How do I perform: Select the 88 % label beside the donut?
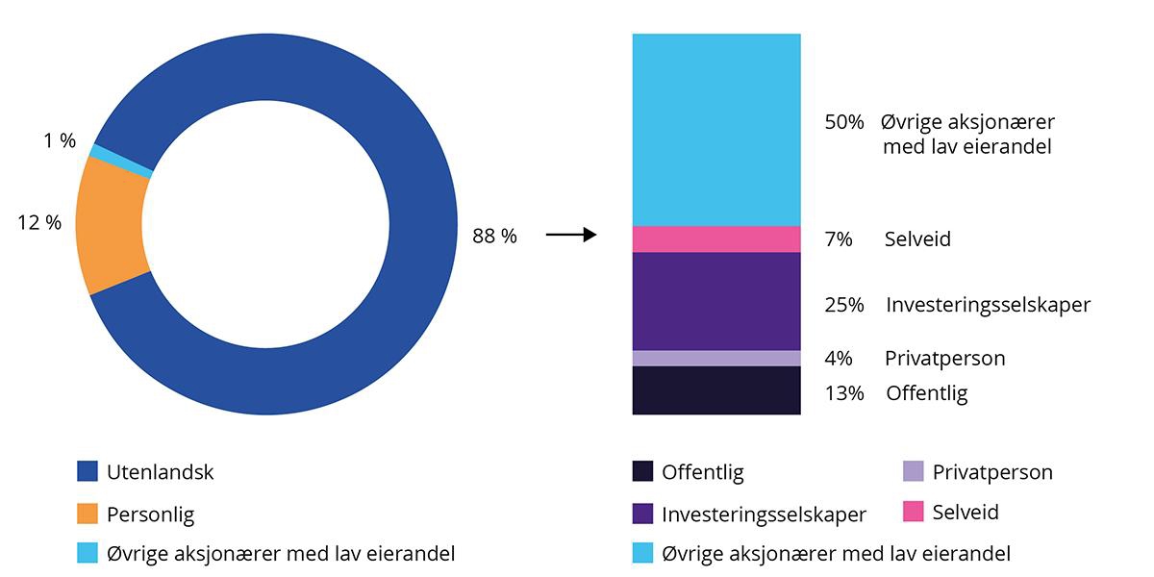pos(494,236)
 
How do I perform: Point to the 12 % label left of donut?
pos(39,222)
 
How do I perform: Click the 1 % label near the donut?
pos(60,141)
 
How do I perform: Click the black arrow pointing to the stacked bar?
pos(571,235)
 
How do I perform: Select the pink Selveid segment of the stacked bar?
pos(716,239)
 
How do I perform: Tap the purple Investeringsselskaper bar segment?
pos(716,301)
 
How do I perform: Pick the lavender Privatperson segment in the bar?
pos(716,359)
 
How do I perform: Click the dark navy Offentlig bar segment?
pos(716,390)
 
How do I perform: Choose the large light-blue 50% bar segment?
pos(716,130)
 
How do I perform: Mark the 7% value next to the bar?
pos(839,239)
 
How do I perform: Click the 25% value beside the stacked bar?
pos(842,305)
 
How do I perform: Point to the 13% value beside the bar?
pos(843,393)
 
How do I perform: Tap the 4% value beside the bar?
pos(839,359)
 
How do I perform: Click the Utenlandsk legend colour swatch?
pos(88,472)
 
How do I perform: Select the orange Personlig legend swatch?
pos(88,514)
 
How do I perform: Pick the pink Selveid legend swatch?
pos(915,512)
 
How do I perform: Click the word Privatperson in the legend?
pos(992,472)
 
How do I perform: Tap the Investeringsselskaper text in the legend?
pos(764,514)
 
